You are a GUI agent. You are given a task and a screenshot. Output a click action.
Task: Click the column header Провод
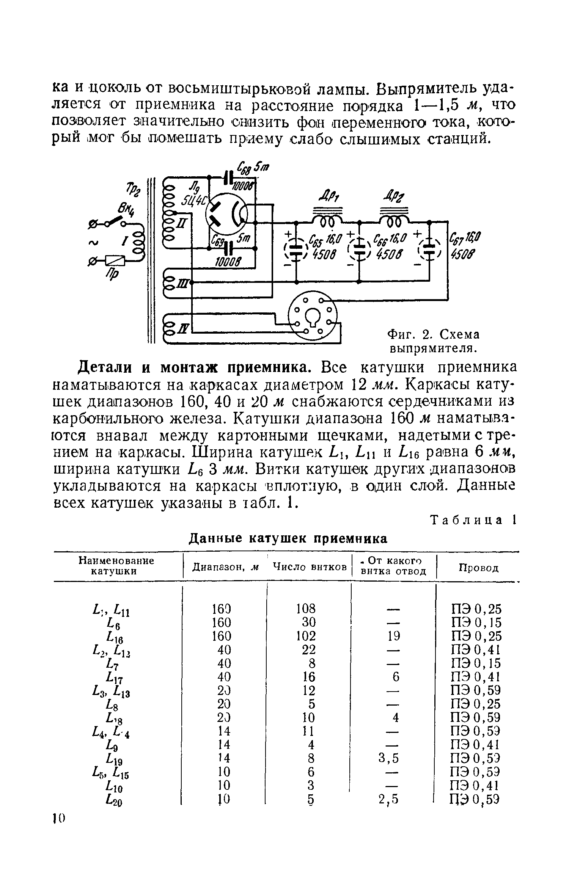478,568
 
